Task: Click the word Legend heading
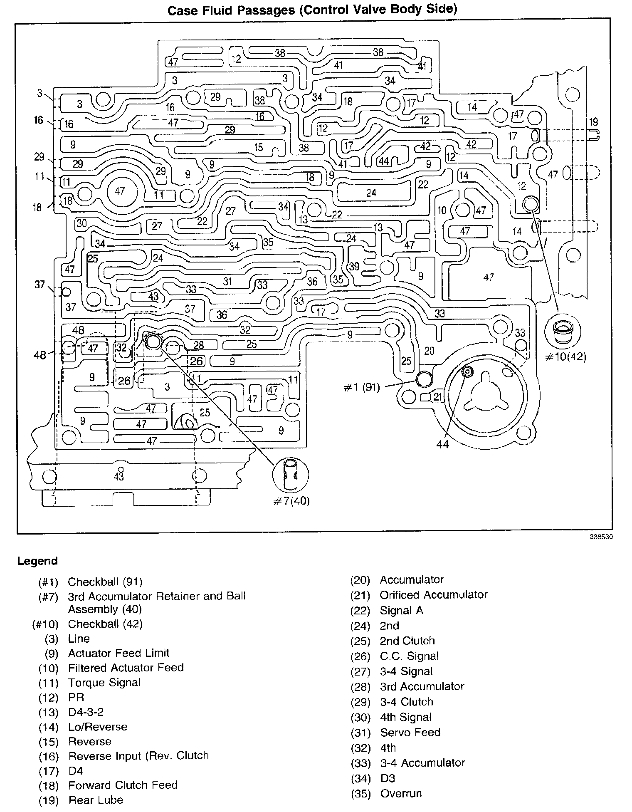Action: point(37,561)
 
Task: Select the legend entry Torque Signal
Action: point(104,682)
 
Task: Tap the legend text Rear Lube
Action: point(96,800)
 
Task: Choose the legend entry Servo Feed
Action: point(410,732)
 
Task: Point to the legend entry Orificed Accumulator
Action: point(433,595)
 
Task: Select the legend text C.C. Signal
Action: point(409,656)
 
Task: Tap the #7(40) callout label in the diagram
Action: point(291,501)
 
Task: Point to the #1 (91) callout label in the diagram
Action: point(362,388)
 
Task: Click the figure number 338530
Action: point(601,537)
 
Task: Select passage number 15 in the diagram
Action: point(259,147)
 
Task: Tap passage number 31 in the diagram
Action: point(227,281)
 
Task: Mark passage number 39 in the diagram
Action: point(354,266)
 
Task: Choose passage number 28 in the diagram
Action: point(199,345)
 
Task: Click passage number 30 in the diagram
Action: point(81,223)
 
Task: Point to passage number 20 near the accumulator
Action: point(429,351)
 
